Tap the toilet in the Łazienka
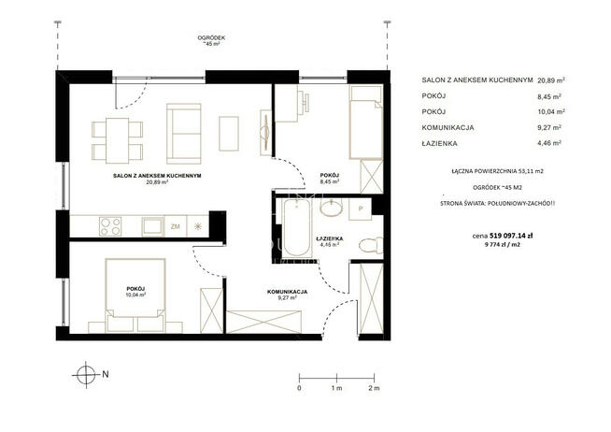[x=371, y=245]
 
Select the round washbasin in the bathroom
[x=332, y=208]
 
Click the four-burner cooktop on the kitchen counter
[x=110, y=226]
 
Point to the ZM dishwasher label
[x=175, y=226]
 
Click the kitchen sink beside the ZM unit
[x=152, y=226]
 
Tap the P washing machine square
[x=361, y=209]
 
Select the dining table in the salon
[x=118, y=140]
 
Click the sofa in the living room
[x=183, y=134]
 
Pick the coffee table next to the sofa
[x=229, y=134]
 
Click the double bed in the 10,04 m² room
[x=135, y=295]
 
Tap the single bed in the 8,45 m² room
[x=366, y=122]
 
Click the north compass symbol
[x=86, y=374]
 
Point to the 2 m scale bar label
[x=374, y=388]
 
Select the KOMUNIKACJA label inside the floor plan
[x=287, y=292]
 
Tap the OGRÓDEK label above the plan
[x=211, y=37]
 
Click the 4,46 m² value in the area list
[x=549, y=143]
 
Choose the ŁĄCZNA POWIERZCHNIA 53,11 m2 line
[x=498, y=171]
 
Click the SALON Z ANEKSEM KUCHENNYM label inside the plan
[x=157, y=176]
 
